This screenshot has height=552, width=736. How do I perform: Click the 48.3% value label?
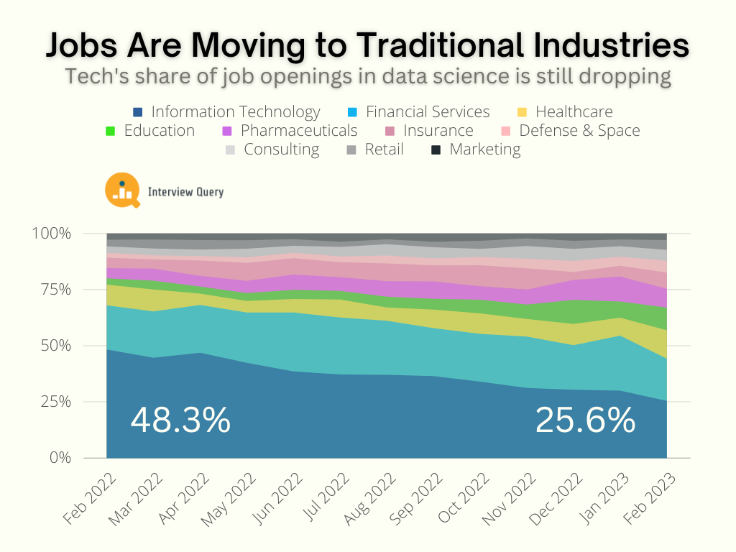tap(180, 420)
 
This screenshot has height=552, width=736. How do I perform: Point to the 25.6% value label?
tap(585, 420)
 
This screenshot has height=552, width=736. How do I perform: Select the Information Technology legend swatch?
tap(138, 112)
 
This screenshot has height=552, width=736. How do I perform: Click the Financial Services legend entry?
tap(427, 112)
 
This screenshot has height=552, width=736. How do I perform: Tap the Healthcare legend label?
tap(574, 112)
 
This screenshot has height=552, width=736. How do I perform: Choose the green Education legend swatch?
tap(110, 131)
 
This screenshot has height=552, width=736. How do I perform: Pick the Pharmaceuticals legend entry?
tap(298, 131)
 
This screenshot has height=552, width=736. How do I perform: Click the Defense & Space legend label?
tap(579, 131)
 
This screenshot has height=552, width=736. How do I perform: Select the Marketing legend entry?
tap(484, 149)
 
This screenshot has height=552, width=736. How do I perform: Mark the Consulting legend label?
tap(281, 149)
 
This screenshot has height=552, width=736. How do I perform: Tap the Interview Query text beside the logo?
tap(185, 192)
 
